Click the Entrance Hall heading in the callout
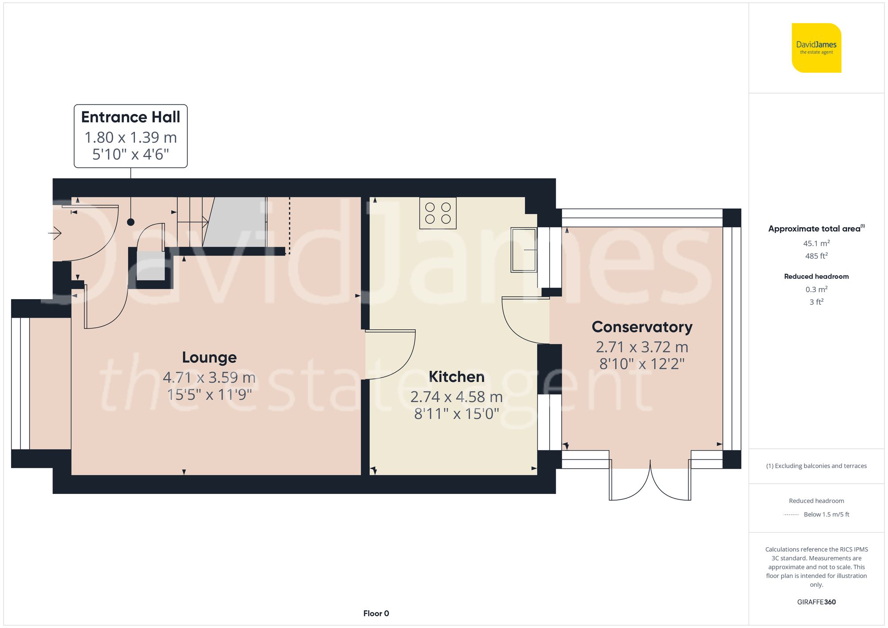tap(131, 117)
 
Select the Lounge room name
tap(209, 357)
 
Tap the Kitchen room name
tap(456, 377)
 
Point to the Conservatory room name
tap(642, 327)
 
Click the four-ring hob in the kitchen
tap(438, 213)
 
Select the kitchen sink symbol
tap(523, 250)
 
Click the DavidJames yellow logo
tap(816, 48)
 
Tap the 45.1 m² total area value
tap(816, 243)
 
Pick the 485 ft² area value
tap(816, 256)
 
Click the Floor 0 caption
tap(376, 613)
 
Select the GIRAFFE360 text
tap(816, 602)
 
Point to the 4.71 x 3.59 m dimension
tap(209, 378)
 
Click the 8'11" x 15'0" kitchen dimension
tap(456, 414)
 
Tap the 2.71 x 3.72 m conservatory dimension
tap(642, 347)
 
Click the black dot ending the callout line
tap(131, 222)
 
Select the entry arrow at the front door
tap(55, 233)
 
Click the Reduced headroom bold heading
tap(816, 276)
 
